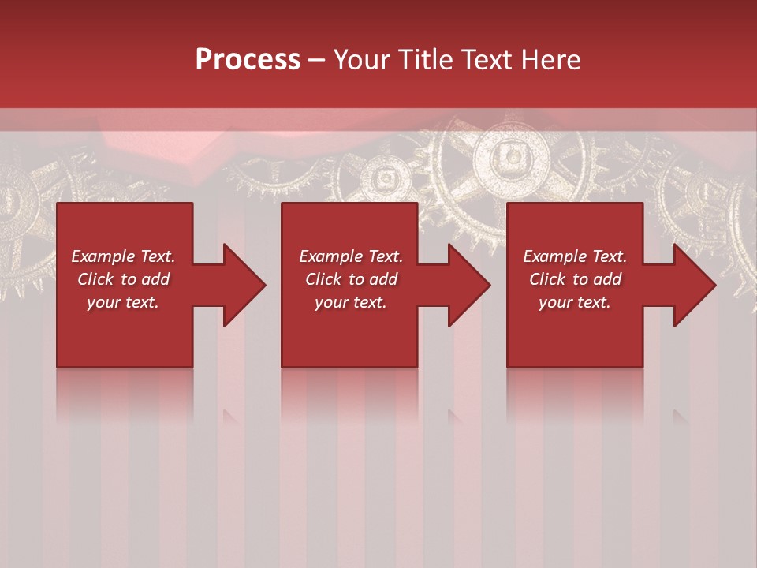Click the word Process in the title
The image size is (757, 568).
pyautogui.click(x=248, y=60)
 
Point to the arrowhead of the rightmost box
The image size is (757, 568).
pyautogui.click(x=693, y=285)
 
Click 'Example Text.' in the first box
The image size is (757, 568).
pyautogui.click(x=123, y=256)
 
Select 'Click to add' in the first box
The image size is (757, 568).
pyautogui.click(x=123, y=279)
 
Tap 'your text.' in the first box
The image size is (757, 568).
pyautogui.click(x=123, y=302)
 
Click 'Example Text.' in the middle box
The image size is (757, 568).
pyautogui.click(x=350, y=256)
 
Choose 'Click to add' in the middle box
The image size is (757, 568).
pyautogui.click(x=350, y=279)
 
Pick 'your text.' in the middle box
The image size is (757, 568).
pyautogui.click(x=350, y=302)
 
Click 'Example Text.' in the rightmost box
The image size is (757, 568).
pyautogui.click(x=575, y=256)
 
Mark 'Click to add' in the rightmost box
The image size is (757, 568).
pyautogui.click(x=575, y=279)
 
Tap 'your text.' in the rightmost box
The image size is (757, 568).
pyautogui.click(x=575, y=302)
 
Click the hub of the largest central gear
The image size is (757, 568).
pyautogui.click(x=511, y=155)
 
